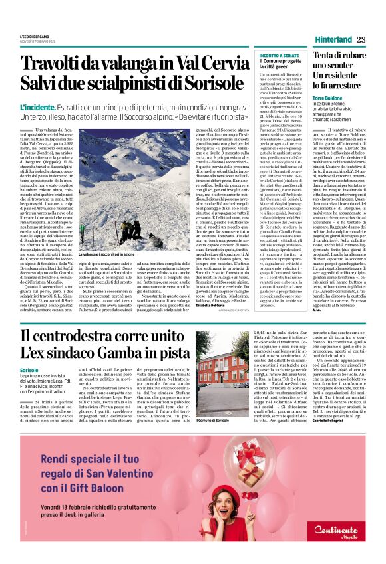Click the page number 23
point(361,39)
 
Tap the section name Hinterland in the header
point(331,39)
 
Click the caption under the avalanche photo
point(110,272)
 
